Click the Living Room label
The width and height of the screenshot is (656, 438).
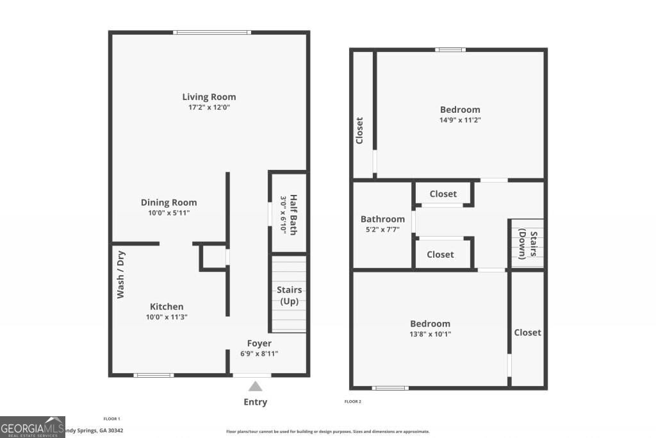point(209,97)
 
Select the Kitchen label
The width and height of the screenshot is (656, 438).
point(167,307)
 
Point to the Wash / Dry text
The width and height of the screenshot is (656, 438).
point(120,274)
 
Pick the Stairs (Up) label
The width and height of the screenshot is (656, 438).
point(289,296)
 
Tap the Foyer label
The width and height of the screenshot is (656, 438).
point(259,343)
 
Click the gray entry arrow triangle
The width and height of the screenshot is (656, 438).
point(255,386)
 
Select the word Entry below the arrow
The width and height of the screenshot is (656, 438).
point(255,402)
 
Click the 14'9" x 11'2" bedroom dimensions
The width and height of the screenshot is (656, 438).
point(460,119)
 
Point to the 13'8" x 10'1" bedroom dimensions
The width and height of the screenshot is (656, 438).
point(430,333)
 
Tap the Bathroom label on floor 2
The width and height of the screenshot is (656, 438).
point(382,219)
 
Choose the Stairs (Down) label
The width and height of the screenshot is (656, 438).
point(527,244)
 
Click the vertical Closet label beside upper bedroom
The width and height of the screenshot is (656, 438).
point(359,130)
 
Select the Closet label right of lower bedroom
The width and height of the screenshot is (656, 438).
point(527,332)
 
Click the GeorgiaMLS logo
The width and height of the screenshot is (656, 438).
point(32,426)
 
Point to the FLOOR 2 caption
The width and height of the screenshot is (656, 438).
point(353,402)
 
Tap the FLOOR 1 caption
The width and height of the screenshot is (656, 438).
point(112,419)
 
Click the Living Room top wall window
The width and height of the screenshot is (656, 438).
point(211,33)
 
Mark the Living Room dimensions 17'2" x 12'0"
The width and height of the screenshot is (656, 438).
point(209,107)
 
